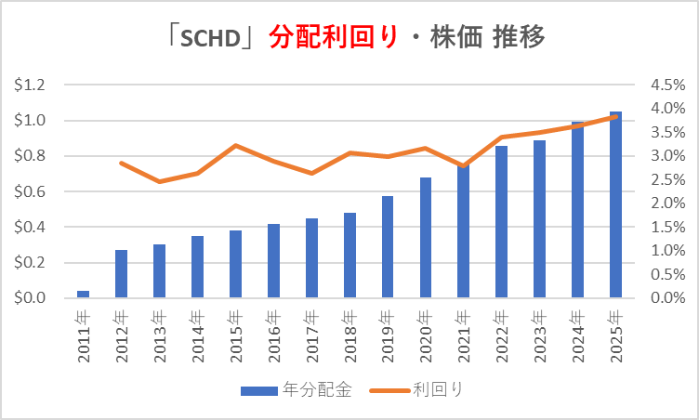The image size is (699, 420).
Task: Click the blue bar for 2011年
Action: pos(84,295)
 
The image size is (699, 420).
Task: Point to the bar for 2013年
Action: pos(160,271)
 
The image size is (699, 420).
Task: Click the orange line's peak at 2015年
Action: pos(236,145)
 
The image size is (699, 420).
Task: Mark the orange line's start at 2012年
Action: pos(122,163)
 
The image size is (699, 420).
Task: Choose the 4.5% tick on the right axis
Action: pos(667,85)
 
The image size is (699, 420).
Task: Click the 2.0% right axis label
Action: pos(667,203)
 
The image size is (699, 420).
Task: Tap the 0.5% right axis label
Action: pos(667,274)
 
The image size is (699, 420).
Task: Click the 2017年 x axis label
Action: pos(312,335)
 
